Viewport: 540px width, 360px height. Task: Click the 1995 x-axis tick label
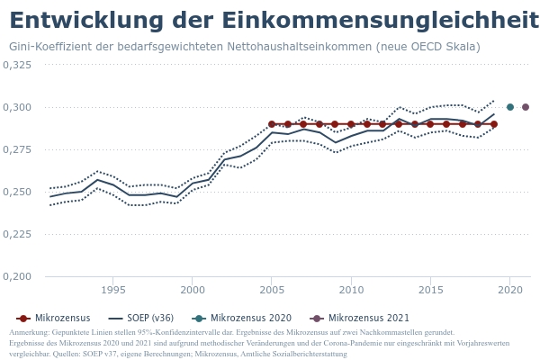112,290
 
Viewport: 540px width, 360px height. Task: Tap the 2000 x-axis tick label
192,290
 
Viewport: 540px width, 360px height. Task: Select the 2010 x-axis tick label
351,290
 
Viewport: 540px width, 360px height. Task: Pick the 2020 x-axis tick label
510,290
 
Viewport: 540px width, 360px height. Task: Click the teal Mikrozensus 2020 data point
510,107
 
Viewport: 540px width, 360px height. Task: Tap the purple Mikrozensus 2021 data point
526,107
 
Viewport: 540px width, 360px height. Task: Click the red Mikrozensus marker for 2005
272,124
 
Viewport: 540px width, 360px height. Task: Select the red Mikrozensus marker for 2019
494,124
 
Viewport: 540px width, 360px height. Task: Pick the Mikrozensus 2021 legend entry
360,319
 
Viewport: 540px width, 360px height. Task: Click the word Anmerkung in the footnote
28,333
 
